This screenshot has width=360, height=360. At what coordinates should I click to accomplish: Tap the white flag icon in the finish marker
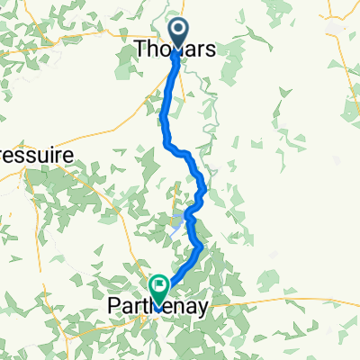(160, 287)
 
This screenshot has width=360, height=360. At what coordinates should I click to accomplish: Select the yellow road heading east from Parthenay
(270, 304)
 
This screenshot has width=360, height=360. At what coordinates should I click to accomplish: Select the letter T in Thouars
(140, 51)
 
